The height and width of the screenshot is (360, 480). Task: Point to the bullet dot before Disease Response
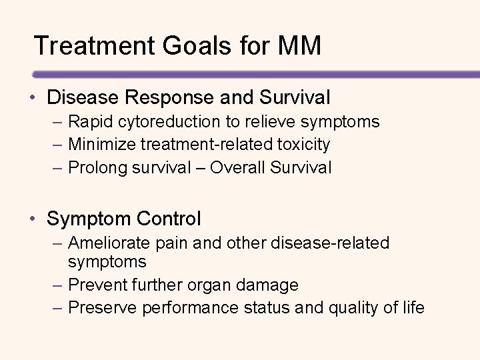[x=33, y=99]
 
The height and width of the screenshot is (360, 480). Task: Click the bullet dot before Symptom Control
[x=33, y=218]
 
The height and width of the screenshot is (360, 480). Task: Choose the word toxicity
[x=304, y=144]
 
